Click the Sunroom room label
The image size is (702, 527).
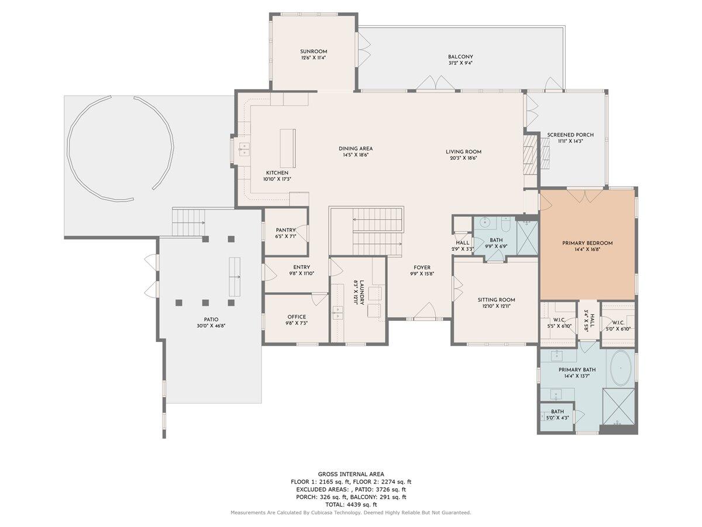[x=314, y=52]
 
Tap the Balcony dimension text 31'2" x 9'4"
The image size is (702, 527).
[x=460, y=63]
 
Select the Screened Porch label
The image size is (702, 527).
[x=570, y=135]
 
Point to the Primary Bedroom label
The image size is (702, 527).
[x=587, y=243]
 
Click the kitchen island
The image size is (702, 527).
[x=287, y=148]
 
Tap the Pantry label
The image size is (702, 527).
[x=286, y=230]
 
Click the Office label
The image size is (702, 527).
[x=297, y=317]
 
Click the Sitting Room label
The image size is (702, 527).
[x=496, y=300]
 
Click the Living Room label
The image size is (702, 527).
[x=463, y=152]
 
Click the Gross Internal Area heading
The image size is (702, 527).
[x=351, y=474]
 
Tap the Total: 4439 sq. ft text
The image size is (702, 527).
[x=351, y=504]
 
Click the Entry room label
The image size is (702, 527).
[x=302, y=268]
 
